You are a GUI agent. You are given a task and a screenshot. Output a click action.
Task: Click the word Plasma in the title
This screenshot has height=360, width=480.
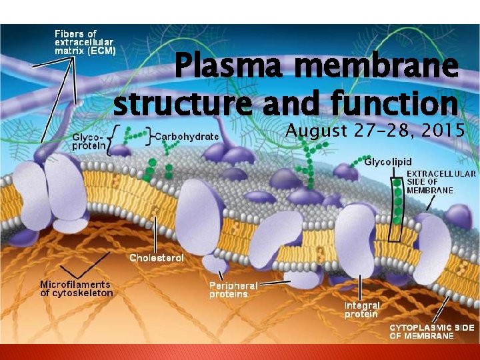[219, 69]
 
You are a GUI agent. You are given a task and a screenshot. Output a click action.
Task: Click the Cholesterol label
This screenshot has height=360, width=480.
[157, 257]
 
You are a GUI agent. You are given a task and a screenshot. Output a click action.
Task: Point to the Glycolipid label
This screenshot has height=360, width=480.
[388, 161]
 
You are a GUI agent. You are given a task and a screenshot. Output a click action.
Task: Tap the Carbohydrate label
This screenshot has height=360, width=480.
[187, 137]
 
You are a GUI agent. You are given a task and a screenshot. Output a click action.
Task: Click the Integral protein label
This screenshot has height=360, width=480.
[361, 309]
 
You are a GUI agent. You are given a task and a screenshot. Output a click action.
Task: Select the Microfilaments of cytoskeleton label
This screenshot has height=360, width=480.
[77, 289]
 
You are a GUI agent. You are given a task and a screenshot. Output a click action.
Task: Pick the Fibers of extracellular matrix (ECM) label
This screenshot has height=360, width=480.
[85, 42]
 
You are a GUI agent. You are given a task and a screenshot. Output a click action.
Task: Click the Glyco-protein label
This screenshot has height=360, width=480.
[87, 140]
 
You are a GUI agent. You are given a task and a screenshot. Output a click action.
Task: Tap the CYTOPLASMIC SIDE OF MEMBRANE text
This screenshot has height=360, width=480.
[432, 331]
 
